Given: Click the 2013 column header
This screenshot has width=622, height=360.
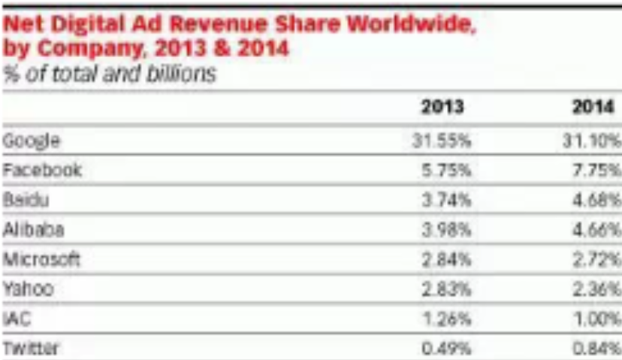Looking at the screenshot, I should point(442,107).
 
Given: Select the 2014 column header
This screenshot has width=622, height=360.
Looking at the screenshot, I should point(593,107).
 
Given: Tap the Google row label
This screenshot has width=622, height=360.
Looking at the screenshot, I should point(31,141).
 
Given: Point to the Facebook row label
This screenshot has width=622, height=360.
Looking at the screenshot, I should point(42,171).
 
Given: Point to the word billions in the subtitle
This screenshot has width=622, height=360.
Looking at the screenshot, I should point(180,74).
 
